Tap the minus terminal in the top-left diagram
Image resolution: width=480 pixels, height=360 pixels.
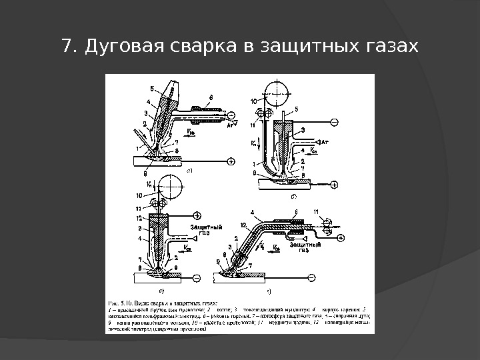click(231, 115)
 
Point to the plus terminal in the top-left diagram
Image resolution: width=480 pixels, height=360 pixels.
click(231, 161)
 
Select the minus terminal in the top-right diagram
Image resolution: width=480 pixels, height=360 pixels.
click(333, 122)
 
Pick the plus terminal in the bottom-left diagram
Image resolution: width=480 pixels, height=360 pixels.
click(197, 215)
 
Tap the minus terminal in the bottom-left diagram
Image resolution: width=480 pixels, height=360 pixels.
click(197, 277)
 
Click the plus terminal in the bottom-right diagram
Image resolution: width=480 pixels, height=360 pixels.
click(341, 237)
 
